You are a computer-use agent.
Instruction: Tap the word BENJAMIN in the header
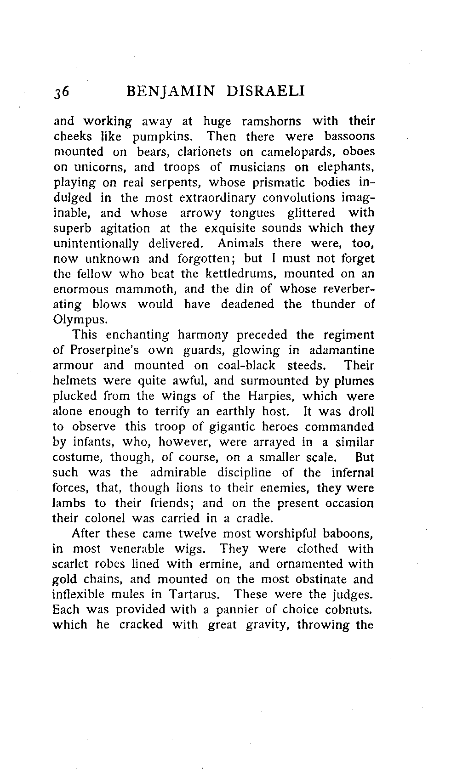[170, 91]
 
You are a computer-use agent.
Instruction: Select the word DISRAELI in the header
[265, 91]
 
